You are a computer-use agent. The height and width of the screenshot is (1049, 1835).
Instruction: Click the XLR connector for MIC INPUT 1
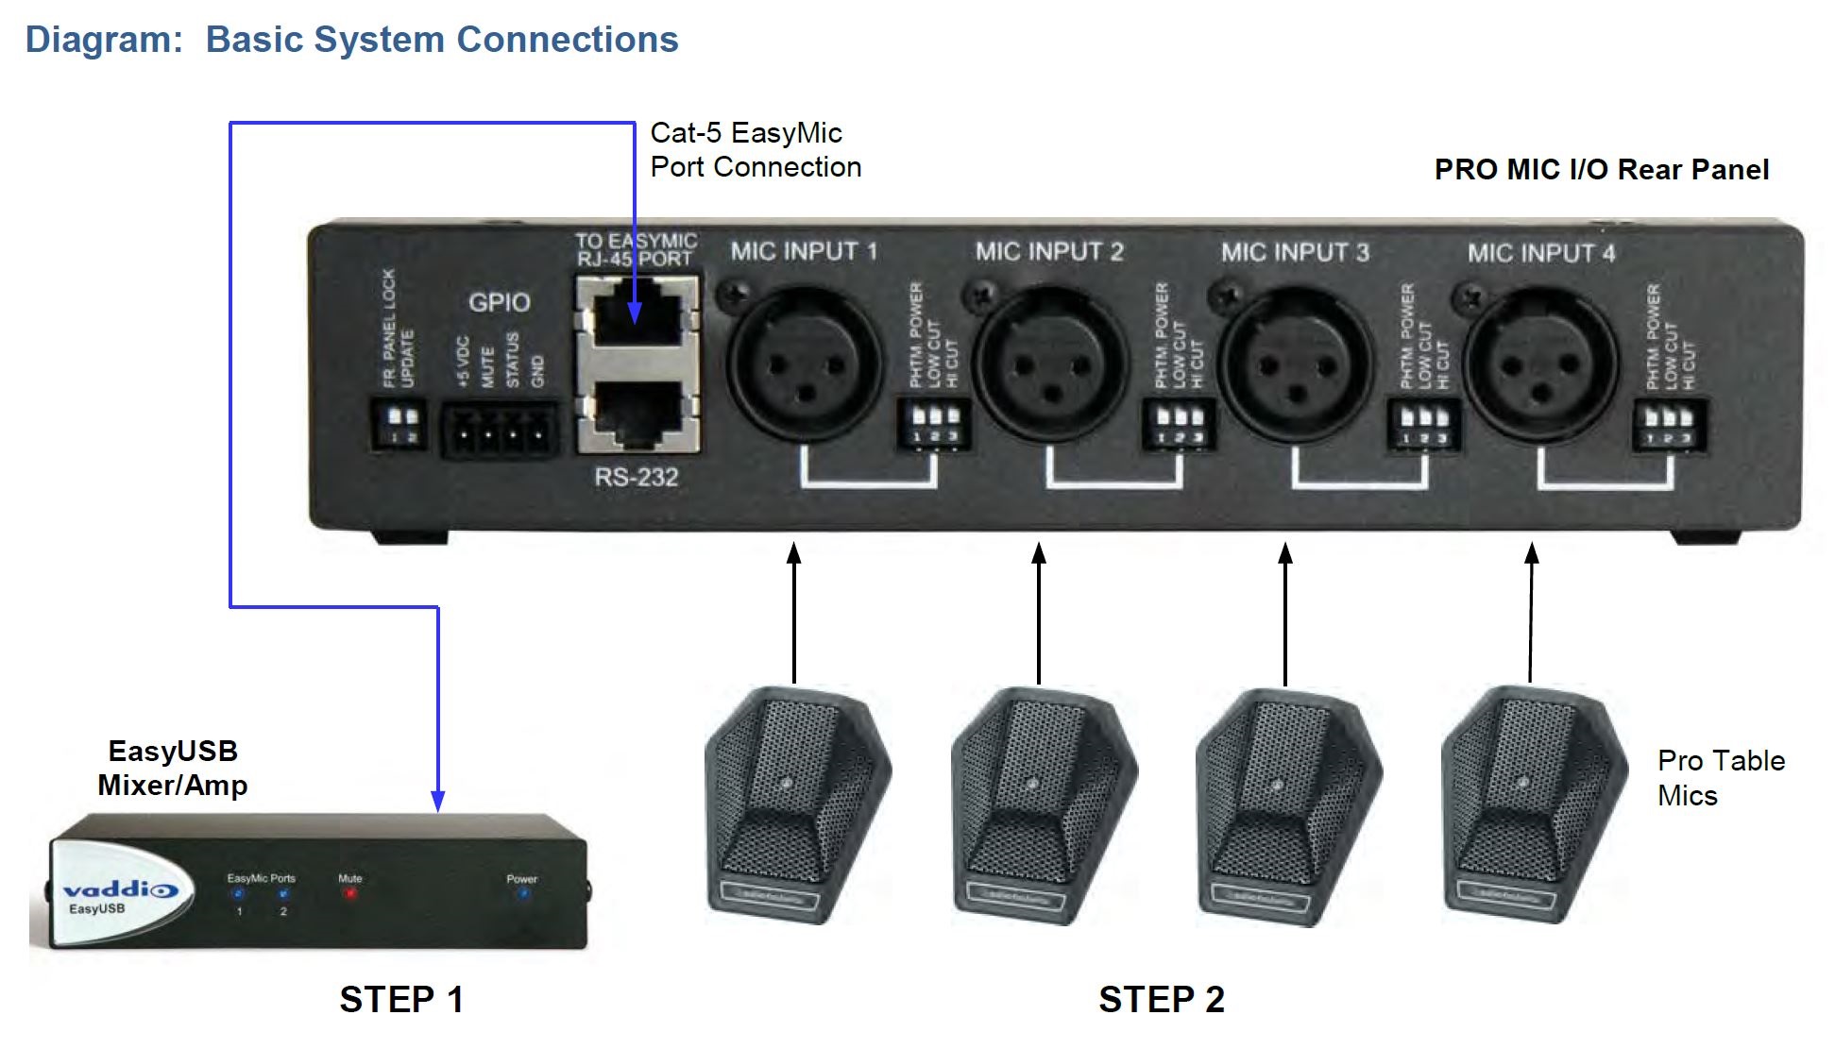click(x=800, y=364)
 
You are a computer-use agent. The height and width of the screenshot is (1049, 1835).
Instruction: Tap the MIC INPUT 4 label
click(x=1540, y=253)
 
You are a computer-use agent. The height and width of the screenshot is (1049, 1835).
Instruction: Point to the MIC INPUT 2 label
click(x=1049, y=251)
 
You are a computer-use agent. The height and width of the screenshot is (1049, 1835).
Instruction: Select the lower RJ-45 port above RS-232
click(x=637, y=415)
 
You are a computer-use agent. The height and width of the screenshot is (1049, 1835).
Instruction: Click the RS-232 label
click(x=636, y=477)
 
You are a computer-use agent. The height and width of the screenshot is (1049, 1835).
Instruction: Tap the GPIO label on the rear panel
click(x=499, y=302)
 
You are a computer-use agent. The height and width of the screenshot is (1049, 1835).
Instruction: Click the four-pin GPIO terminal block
click(x=500, y=432)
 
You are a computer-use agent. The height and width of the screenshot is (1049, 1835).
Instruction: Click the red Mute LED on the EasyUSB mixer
click(x=350, y=893)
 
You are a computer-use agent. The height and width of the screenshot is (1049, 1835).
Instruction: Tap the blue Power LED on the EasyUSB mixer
click(x=522, y=893)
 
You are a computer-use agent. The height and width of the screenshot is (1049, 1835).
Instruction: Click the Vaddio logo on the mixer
click(x=119, y=890)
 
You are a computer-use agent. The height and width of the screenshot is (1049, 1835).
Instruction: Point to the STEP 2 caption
click(x=1161, y=999)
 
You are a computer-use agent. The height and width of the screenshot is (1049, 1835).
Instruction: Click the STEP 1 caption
click(x=401, y=999)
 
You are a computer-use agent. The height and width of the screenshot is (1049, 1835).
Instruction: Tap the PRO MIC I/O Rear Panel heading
click(x=1601, y=170)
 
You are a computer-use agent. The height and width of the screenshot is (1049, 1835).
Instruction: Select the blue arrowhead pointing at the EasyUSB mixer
click(x=437, y=801)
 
